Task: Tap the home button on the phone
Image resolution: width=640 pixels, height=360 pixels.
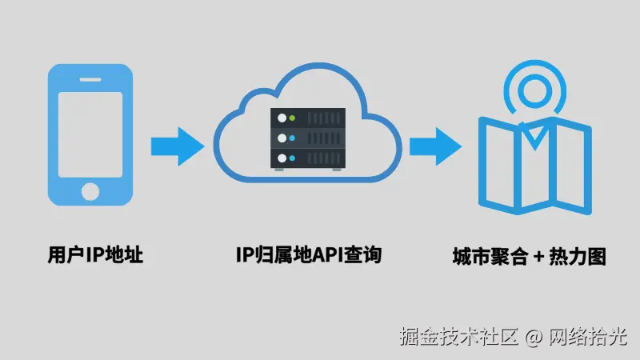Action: (x=90, y=193)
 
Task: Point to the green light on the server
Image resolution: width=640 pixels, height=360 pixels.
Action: (x=293, y=119)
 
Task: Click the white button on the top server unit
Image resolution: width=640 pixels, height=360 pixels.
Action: (x=281, y=119)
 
